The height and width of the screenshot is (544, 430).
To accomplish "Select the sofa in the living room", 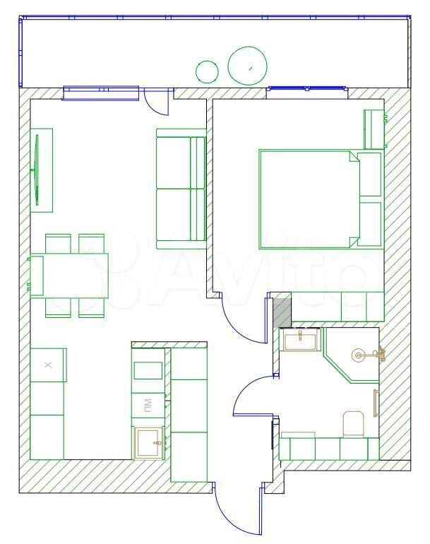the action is pos(181,189).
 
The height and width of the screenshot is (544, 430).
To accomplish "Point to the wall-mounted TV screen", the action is pos(37,170).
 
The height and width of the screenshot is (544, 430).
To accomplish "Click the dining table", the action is pos(69,276).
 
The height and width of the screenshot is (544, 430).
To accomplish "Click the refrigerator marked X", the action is pos(48,365).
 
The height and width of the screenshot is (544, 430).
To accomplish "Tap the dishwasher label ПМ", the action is pos(148,406).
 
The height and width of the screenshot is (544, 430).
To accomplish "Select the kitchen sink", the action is pos(150,443).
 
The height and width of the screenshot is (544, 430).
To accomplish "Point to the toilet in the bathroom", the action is pos(353,424).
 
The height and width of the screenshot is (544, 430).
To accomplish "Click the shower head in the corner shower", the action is pos(358,355).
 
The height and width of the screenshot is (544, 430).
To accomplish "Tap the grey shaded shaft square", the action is pos(282,313).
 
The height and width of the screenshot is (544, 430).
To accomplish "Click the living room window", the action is pos(100,93).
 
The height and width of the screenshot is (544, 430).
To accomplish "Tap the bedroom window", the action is pos(307,93).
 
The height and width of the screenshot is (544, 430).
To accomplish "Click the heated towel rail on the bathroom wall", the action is pos(376,403).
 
